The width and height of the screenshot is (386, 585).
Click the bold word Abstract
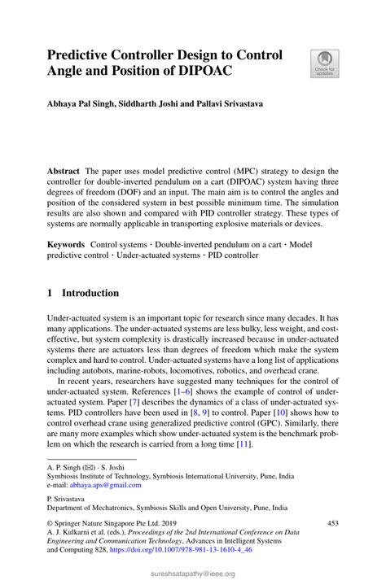point(64,172)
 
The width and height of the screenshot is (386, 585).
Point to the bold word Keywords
point(66,243)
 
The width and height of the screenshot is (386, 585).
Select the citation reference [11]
point(243,444)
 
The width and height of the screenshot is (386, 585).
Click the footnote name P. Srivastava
point(69,496)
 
